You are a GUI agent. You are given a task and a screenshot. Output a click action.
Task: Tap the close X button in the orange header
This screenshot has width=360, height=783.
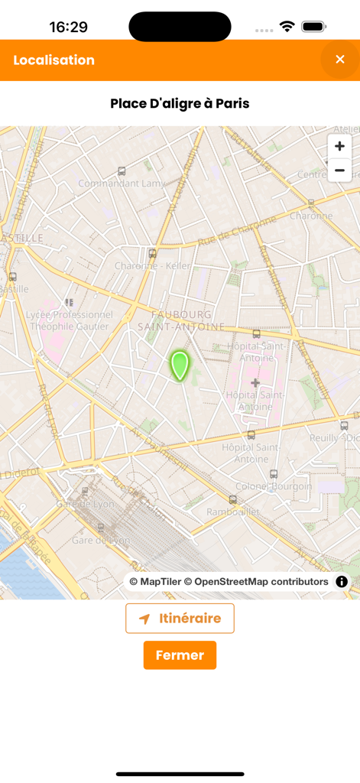[x=340, y=60]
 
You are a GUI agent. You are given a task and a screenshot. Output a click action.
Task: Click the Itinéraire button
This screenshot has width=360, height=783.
[x=180, y=619]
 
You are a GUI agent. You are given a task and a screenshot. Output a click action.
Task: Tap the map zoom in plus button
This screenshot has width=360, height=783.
[x=339, y=146]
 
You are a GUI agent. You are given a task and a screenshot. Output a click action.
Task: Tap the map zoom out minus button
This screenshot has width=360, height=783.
[x=339, y=171]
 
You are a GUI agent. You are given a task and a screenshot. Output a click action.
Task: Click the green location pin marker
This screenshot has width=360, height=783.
[x=180, y=366]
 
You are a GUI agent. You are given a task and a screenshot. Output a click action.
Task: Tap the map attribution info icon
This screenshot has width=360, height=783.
[x=342, y=582]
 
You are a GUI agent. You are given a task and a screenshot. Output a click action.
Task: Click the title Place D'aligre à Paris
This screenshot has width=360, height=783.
[x=180, y=103]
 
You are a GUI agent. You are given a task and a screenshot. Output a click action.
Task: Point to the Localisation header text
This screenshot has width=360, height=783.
[x=54, y=60]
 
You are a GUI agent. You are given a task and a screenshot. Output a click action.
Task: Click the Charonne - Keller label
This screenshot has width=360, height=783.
[x=152, y=266]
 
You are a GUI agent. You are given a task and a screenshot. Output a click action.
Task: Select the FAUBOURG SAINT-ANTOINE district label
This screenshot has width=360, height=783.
[x=181, y=320]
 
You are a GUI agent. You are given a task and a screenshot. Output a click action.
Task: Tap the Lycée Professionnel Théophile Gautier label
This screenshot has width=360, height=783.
[x=69, y=320]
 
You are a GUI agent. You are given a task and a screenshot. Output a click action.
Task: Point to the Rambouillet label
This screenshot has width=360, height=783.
[x=232, y=511]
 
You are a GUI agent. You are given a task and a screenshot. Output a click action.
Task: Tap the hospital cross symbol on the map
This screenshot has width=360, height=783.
[x=255, y=382]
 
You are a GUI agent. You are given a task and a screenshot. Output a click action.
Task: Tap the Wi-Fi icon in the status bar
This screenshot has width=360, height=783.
[x=287, y=27]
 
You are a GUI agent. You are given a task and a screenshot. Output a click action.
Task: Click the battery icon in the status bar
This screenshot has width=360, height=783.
[x=313, y=27]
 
